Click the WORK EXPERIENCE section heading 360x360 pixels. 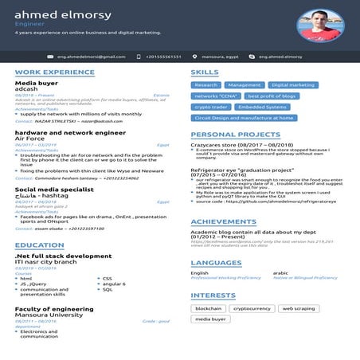pyautogui.click(x=54, y=72)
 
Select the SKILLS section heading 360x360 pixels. pyautogui.click(x=205, y=72)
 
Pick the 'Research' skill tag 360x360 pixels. pyautogui.click(x=205, y=84)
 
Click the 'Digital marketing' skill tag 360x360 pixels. pyautogui.click(x=293, y=84)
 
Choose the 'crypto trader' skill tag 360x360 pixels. pyautogui.click(x=211, y=107)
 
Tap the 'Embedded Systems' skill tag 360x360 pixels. pyautogui.click(x=262, y=107)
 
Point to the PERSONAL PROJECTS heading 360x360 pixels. pyautogui.click(x=235, y=135)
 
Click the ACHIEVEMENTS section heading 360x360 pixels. pyautogui.click(x=224, y=221)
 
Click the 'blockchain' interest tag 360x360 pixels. pyautogui.click(x=208, y=307)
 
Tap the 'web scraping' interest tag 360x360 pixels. pyautogui.click(x=299, y=307)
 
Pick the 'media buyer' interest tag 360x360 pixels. pyautogui.click(x=211, y=319)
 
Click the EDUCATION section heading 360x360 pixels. pyautogui.click(x=39, y=245)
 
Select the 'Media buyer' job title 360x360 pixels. pyautogui.click(x=37, y=83)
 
